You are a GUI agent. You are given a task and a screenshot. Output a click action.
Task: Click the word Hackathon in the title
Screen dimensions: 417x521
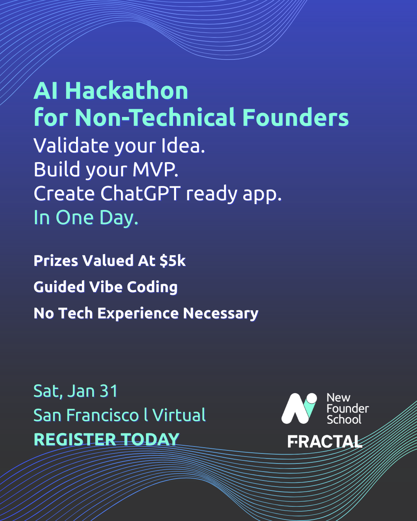(127, 91)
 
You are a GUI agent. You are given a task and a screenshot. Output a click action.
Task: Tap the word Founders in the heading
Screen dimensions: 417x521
(295, 117)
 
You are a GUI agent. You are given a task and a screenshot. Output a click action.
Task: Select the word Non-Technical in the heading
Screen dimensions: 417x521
(155, 117)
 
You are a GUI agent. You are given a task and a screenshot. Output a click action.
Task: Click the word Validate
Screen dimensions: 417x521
(71, 146)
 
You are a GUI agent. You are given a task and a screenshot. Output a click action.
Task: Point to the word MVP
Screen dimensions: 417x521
(155, 169)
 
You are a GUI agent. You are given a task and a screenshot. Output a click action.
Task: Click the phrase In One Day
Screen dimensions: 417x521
(86, 218)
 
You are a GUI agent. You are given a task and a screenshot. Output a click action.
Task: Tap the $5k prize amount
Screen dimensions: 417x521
(173, 261)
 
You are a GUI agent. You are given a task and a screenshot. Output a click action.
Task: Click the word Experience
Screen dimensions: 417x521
(138, 313)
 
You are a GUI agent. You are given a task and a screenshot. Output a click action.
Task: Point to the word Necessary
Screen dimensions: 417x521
(220, 313)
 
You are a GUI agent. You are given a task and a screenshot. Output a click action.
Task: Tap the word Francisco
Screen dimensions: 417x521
(102, 415)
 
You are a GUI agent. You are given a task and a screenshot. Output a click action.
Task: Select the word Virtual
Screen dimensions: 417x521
(179, 415)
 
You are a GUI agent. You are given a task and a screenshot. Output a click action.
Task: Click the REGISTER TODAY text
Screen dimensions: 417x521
(106, 440)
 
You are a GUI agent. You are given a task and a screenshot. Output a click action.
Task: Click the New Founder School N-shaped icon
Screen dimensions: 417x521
(299, 408)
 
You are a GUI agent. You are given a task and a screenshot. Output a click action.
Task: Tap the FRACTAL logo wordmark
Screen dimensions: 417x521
(325, 441)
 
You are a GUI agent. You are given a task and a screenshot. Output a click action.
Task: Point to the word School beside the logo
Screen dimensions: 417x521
(344, 420)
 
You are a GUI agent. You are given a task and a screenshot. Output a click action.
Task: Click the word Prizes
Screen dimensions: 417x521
(56, 261)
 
